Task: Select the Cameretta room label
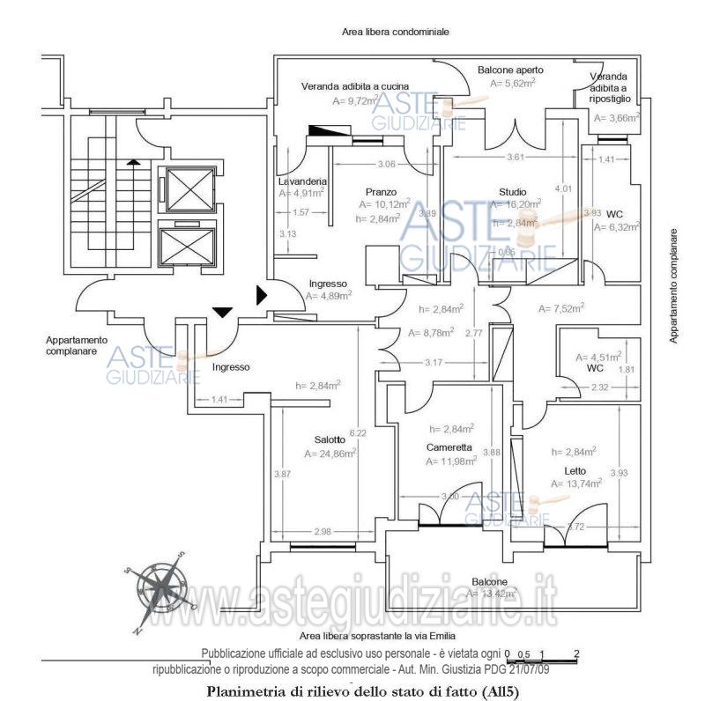449,447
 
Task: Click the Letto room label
575,469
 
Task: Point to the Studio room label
512,192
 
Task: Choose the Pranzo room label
381,191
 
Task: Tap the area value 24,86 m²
330,454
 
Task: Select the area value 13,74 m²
576,483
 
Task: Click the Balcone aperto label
510,70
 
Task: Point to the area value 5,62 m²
513,84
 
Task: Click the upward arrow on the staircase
132,161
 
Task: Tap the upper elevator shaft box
185,191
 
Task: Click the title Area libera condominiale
396,32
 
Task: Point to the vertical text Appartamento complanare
673,285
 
